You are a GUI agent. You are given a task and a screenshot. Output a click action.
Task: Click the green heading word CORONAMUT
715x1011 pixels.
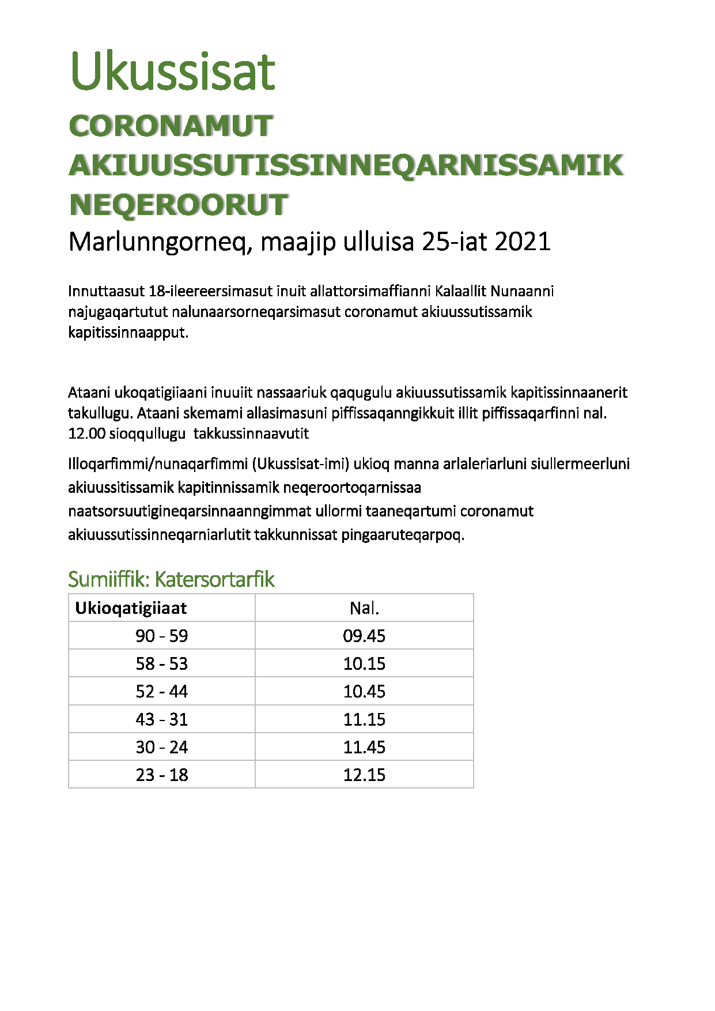coord(171,126)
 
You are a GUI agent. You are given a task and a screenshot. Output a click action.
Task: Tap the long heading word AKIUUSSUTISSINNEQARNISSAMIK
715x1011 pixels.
coord(346,165)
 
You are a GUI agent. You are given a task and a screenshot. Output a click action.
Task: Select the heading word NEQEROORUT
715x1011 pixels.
coord(178,205)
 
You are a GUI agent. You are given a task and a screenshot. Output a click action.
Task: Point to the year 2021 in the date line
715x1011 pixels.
coord(522,242)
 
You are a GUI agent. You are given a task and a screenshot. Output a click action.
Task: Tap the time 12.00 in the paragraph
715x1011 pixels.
coord(86,433)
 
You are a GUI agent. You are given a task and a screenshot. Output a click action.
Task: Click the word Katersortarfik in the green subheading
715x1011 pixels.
coord(214,579)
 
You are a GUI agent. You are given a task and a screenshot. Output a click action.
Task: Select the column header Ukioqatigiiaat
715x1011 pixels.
coord(131,608)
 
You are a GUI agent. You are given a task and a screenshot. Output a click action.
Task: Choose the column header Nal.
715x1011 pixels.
coord(364,608)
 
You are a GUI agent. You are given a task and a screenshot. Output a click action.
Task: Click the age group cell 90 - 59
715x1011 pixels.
coord(162,636)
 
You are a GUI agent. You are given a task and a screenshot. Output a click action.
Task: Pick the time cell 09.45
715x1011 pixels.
coord(364,636)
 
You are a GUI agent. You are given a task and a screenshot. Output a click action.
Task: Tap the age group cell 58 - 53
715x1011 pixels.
coord(162,663)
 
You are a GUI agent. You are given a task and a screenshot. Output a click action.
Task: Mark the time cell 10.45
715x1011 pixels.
coord(364,691)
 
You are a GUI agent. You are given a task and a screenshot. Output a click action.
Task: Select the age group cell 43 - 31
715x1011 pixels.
coord(162,719)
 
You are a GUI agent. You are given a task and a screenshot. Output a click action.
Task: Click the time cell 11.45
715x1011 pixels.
coord(364,747)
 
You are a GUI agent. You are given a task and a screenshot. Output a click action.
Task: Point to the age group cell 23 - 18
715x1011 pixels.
coord(162,775)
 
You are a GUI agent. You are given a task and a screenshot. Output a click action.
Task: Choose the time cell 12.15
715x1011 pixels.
coord(364,775)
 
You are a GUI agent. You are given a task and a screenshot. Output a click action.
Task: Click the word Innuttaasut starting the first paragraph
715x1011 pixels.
coord(106,291)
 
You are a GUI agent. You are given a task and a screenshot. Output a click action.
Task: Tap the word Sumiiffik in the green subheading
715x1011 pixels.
coord(108,579)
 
